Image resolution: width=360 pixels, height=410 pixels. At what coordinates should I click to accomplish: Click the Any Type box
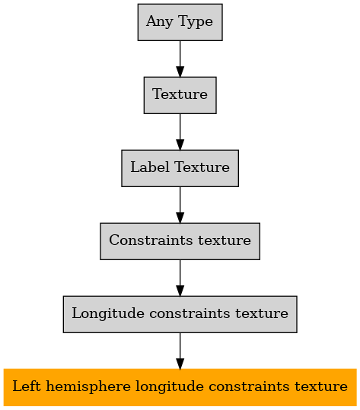(180, 22)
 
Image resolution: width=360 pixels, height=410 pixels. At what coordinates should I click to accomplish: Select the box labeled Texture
(180, 95)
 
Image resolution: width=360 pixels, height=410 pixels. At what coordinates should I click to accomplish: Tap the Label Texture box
(180, 168)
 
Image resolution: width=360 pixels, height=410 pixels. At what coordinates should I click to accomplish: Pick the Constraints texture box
(180, 241)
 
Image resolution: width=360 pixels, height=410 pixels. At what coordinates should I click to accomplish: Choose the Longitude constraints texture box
(180, 314)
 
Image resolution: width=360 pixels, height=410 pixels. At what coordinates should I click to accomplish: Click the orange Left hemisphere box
(180, 387)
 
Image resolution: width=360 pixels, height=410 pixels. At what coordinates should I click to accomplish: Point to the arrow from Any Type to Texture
(180, 59)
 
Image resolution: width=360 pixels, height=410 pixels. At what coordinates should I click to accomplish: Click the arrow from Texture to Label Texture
(180, 132)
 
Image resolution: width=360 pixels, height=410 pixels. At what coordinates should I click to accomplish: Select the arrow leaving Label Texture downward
(180, 205)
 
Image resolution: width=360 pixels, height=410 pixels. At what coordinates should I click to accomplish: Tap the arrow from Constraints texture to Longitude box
(180, 278)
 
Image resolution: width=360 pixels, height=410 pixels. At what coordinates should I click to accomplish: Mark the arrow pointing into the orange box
(180, 351)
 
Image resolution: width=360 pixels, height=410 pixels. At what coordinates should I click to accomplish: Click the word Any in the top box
(160, 22)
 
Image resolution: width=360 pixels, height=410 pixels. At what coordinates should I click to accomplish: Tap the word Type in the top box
(196, 22)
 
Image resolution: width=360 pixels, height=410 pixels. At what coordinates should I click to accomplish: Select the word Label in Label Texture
(150, 167)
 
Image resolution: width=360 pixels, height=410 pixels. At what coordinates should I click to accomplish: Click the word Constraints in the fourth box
(151, 240)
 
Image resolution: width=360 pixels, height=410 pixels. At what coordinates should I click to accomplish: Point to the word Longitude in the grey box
(108, 313)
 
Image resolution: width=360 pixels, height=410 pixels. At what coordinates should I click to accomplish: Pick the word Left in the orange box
(27, 386)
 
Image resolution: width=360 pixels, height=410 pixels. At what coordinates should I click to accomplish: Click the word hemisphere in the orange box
(88, 387)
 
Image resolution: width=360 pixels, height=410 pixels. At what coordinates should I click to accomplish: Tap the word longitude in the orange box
(169, 387)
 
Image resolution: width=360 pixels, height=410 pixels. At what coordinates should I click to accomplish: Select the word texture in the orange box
(321, 386)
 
